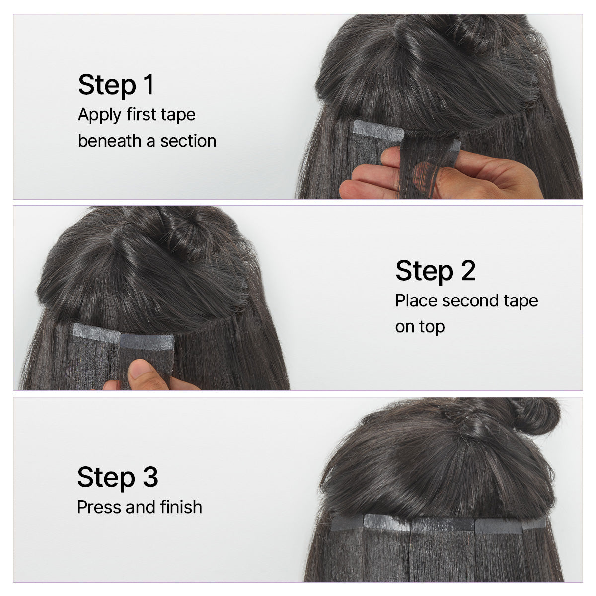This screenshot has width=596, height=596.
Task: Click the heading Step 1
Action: coord(116,85)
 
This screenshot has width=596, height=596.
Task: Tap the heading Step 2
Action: coord(435,271)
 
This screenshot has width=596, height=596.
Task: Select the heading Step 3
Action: coord(117,477)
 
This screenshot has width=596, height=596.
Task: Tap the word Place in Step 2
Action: coord(416,301)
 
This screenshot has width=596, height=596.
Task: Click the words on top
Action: coord(420,327)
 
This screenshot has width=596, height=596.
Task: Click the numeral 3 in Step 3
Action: coord(150,477)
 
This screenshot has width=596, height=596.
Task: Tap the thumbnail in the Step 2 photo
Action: coord(141,371)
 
